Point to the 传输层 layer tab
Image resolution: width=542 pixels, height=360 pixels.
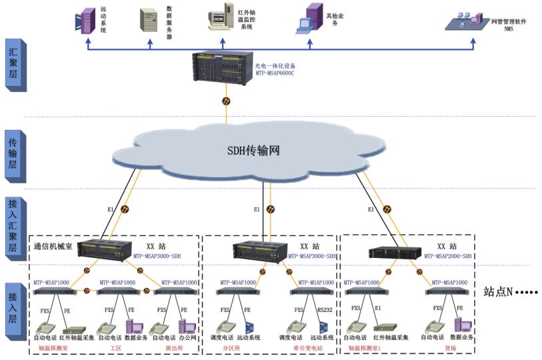pyautogui.click(x=13, y=157)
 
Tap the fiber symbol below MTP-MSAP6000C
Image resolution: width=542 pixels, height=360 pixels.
pyautogui.click(x=227, y=102)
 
